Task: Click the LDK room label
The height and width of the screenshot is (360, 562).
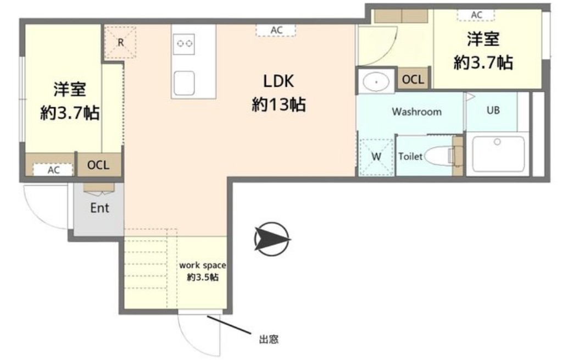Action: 279,81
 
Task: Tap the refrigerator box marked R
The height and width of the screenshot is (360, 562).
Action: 120,42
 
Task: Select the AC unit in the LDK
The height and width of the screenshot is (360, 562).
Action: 276,30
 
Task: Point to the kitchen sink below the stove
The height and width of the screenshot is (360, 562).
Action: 184,83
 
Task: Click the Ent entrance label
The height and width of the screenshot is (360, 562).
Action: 99,208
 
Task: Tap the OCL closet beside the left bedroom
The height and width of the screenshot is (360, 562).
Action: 98,164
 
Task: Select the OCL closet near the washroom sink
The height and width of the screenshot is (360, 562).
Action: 413,79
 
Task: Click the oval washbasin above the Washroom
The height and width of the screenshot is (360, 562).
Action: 376,82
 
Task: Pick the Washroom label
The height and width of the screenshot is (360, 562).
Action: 416,112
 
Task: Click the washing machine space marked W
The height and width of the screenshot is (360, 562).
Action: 376,156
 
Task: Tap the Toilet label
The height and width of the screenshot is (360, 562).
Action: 410,156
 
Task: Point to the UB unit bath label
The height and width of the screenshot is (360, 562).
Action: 493,110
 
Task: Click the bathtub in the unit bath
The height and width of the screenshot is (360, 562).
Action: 498,154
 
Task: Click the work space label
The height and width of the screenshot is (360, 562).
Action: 203,265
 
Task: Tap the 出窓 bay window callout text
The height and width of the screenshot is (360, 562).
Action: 269,339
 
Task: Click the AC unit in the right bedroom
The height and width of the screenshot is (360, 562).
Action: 476,15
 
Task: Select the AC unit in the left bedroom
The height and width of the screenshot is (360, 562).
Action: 53,170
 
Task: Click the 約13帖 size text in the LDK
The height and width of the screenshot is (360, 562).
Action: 279,105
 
